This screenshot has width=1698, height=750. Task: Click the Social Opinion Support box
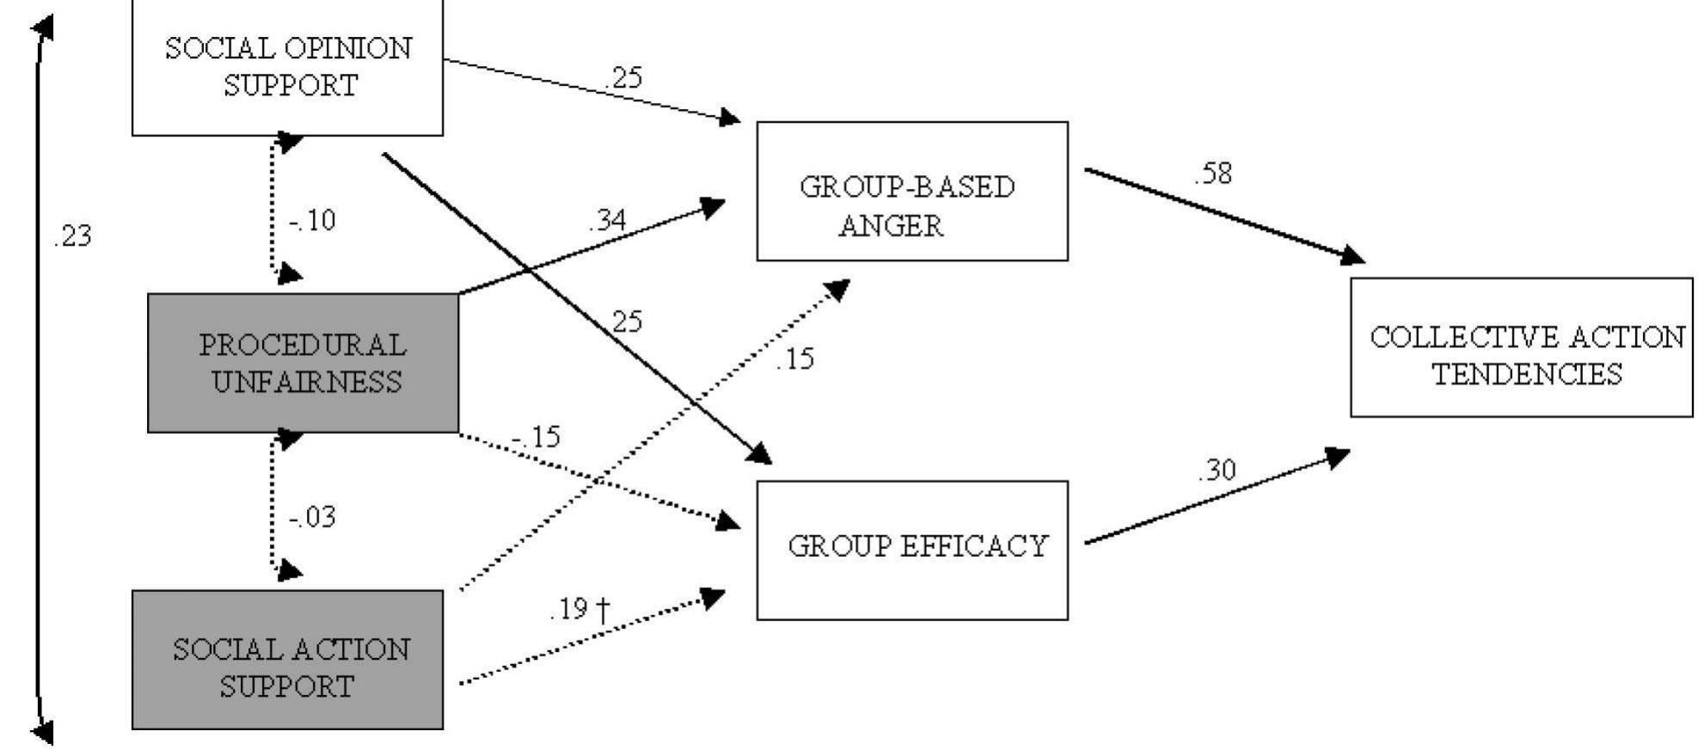click(x=287, y=67)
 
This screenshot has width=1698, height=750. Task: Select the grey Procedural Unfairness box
click(x=303, y=363)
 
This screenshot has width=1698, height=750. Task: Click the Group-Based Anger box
click(x=911, y=191)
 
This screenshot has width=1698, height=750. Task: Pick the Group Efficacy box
click(x=911, y=550)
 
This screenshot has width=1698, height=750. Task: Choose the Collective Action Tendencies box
click(x=1521, y=347)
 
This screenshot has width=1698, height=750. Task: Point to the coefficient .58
click(x=1212, y=174)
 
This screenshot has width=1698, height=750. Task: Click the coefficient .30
click(x=1217, y=470)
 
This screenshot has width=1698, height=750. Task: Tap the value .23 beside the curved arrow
click(x=72, y=236)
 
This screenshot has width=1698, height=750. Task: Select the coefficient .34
click(x=607, y=221)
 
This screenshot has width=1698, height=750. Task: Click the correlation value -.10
click(x=313, y=221)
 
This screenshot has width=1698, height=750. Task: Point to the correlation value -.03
click(x=313, y=517)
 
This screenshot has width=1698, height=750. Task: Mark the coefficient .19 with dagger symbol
click(x=579, y=609)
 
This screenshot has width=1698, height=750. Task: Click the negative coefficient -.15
click(x=536, y=437)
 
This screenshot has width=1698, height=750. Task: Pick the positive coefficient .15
click(x=794, y=359)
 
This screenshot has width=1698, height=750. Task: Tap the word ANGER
click(x=891, y=227)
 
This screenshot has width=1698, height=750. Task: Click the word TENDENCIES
click(x=1527, y=375)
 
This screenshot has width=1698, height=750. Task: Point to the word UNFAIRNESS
click(x=307, y=381)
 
